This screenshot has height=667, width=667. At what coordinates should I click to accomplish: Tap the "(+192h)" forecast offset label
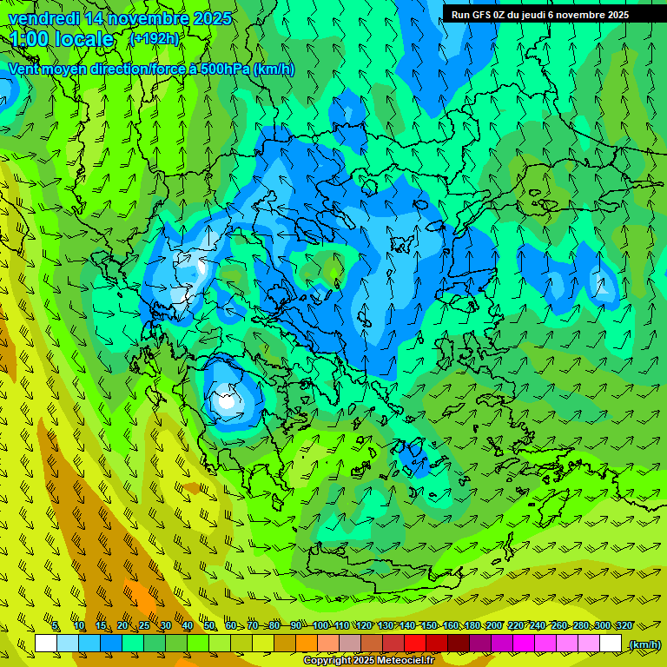point(155,38)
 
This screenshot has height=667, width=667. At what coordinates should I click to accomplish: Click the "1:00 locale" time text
point(62,39)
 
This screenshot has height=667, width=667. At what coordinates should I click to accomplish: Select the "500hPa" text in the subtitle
point(225,69)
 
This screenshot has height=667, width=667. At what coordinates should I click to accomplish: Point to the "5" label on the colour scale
point(56,625)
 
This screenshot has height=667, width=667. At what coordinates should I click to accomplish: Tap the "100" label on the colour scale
point(320,625)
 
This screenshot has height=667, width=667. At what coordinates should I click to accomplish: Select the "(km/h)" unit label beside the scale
point(644,644)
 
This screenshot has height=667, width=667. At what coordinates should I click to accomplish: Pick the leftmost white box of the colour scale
point(46,644)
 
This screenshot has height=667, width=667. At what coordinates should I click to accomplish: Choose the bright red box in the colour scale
point(415,644)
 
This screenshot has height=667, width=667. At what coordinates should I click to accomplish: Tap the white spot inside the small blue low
point(226,401)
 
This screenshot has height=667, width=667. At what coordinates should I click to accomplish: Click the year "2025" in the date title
point(212,18)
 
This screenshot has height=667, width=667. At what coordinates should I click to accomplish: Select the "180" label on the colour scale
point(472,625)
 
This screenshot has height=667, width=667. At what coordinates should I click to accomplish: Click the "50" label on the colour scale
point(209,625)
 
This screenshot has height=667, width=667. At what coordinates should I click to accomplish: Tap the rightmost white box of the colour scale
point(611,644)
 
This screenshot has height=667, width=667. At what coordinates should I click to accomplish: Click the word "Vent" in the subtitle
point(25,69)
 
